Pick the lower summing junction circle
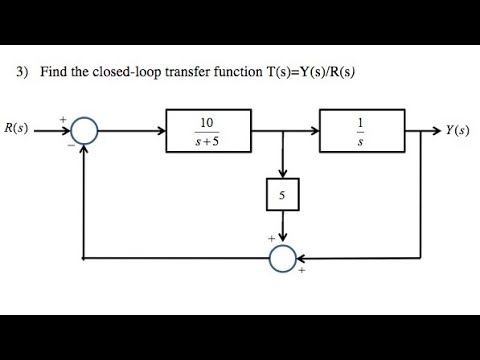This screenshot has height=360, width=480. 283,258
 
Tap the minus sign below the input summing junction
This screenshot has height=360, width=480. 69,146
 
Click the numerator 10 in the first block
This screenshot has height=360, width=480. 207,122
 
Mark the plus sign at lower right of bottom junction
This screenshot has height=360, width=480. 301,271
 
